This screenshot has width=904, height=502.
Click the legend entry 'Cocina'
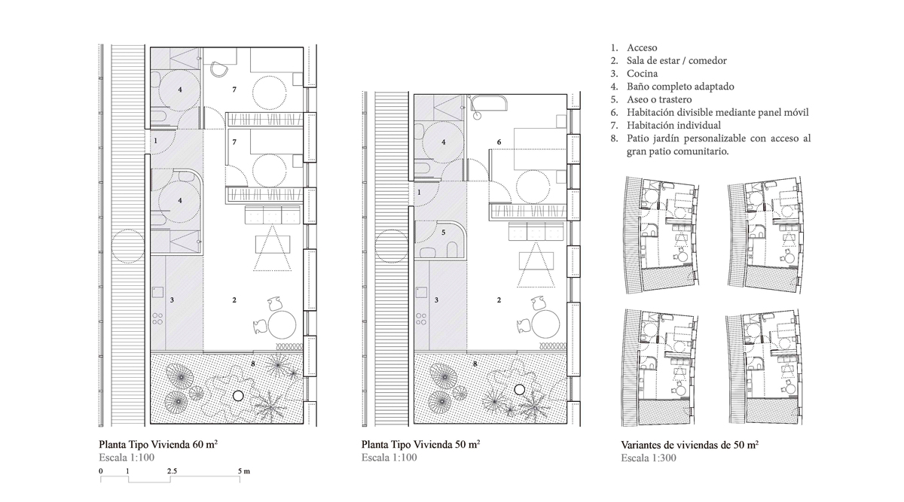642,74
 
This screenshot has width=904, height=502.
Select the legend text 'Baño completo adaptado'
680,87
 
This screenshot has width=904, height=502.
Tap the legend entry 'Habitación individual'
673,125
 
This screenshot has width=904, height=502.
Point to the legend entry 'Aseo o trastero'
659,99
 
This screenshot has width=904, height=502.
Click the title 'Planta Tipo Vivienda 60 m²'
158,444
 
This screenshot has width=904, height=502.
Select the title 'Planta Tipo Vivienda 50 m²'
420,444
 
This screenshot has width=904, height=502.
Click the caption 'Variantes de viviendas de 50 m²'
690,445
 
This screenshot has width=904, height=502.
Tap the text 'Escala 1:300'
649,458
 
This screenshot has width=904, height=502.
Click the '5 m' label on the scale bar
244,471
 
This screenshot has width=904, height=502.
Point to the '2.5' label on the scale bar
172,471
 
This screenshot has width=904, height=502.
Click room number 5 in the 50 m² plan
443,233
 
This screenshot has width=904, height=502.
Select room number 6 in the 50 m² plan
499,142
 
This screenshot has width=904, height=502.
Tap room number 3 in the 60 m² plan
172,300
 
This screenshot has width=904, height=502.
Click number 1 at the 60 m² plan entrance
155,141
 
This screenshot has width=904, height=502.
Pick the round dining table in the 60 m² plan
282,324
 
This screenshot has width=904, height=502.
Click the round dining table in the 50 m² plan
545,324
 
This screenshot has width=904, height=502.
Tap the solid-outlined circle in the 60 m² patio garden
238,396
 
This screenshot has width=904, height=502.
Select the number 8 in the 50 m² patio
475,364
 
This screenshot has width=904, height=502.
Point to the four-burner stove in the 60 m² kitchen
157,319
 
